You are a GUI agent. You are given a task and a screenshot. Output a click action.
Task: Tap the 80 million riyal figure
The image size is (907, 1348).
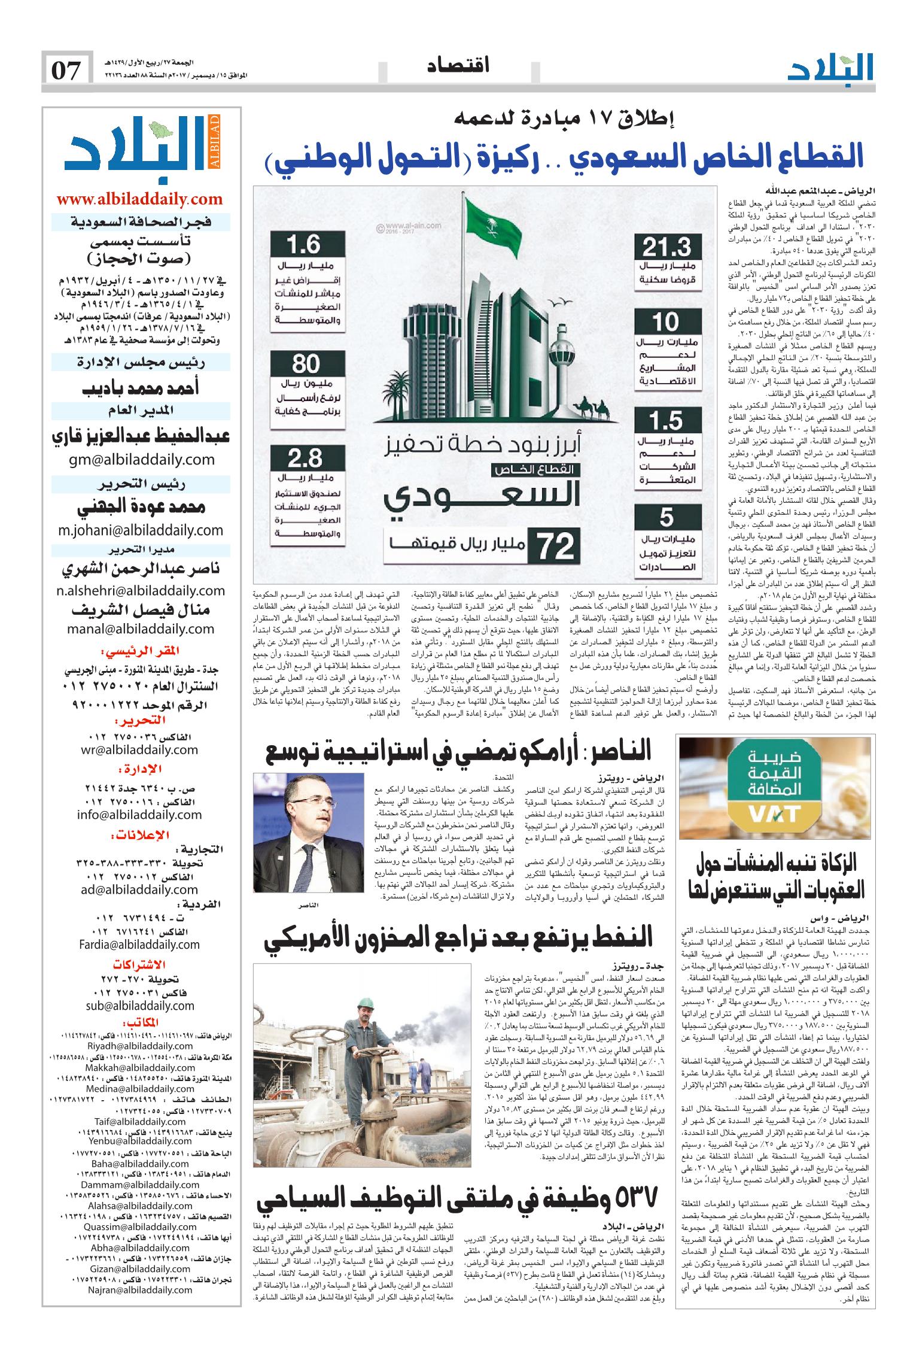[306, 364]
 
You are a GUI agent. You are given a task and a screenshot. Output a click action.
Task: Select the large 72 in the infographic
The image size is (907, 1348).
[556, 545]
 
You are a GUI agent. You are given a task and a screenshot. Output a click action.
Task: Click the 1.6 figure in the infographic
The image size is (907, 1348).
[305, 246]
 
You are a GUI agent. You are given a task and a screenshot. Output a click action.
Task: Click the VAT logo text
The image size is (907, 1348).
[776, 813]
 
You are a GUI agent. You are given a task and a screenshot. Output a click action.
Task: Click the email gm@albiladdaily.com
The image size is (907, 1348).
[140, 459]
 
